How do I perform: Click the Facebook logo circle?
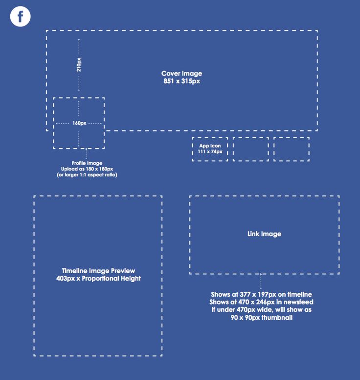[21, 16]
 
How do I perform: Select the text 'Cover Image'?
[181, 73]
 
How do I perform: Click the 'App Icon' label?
[210, 145]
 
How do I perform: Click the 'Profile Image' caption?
[87, 163]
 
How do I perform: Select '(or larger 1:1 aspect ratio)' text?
[87, 175]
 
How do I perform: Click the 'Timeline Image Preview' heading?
[98, 271]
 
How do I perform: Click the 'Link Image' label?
[264, 234]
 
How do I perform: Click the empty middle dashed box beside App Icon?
[250, 149]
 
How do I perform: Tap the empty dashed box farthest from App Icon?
[292, 149]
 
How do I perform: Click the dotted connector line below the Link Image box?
[261, 281]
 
